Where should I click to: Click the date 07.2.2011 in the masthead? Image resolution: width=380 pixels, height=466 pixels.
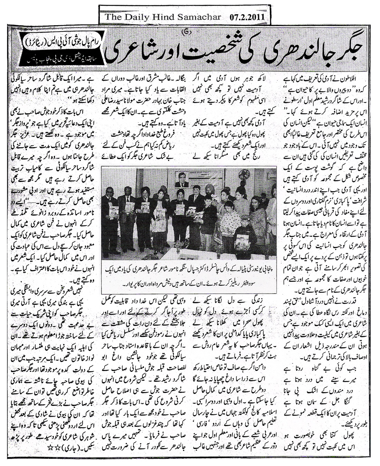[247, 16]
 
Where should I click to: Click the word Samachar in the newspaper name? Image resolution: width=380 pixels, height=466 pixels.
[198, 16]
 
